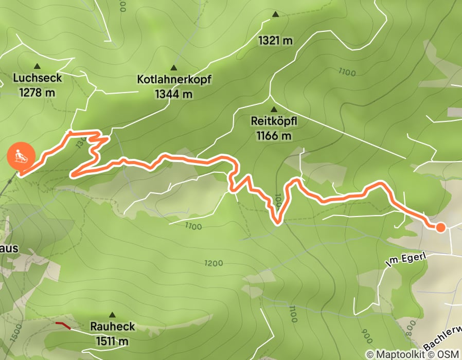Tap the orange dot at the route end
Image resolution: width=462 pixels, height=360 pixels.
440,227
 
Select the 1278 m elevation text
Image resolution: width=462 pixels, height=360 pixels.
37,93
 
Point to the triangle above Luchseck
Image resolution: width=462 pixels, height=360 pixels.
37,66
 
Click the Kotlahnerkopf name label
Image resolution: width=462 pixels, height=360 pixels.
174,80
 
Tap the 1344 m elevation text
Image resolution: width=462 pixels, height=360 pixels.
174,94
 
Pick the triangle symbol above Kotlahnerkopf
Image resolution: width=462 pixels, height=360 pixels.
173,67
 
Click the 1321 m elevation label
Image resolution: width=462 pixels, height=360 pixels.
276,40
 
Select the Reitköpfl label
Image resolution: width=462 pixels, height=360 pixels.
274,121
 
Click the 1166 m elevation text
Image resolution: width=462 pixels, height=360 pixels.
274,136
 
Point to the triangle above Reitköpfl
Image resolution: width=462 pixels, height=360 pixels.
274,109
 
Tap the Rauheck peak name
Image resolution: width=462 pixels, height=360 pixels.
112,327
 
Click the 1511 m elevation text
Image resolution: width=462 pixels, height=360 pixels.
112,340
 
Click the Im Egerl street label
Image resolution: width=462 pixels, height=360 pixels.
406,262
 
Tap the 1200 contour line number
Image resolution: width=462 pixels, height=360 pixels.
213,263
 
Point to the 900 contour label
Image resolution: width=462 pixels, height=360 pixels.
366,337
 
